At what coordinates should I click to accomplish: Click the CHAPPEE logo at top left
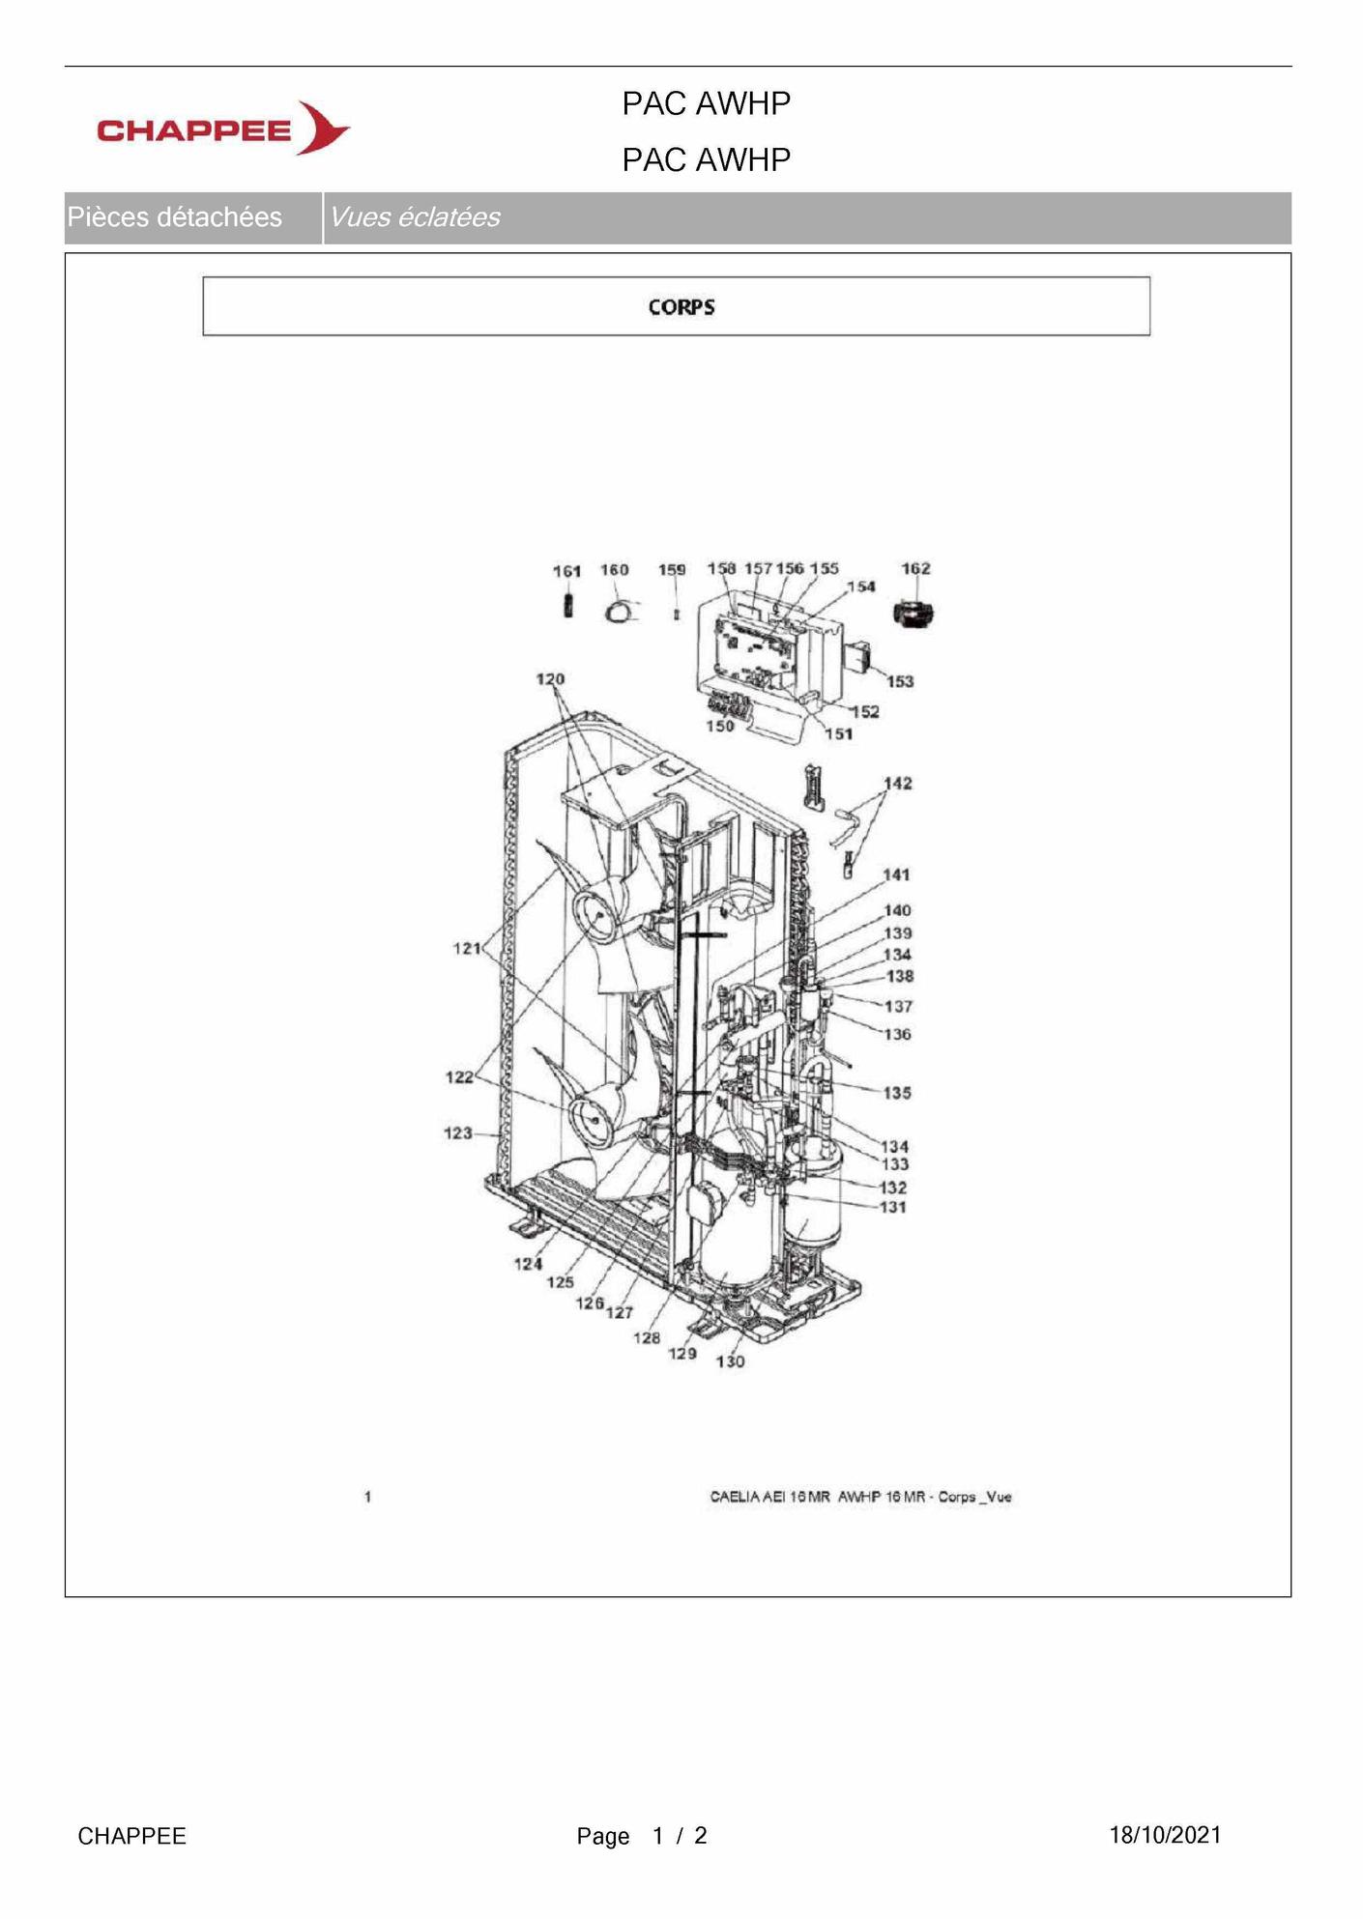(223, 129)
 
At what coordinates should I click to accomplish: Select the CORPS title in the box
(681, 307)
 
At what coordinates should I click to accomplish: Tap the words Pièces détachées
(175, 217)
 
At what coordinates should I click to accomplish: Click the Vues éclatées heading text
(415, 217)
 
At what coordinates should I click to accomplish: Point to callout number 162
(915, 568)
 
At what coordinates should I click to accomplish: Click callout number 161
(566, 571)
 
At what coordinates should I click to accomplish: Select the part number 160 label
(615, 570)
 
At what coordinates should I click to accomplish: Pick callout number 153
(900, 681)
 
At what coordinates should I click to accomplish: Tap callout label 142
(898, 783)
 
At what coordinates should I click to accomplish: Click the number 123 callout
(458, 1132)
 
